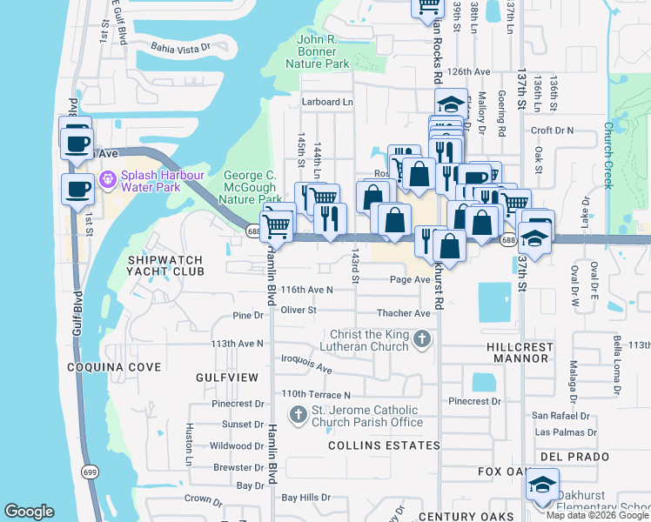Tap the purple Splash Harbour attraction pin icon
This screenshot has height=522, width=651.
point(108,179)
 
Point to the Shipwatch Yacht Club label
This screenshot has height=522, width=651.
point(165,265)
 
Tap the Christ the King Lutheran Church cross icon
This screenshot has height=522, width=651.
point(421,338)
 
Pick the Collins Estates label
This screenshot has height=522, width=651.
point(384,445)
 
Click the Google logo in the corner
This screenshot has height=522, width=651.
point(30,512)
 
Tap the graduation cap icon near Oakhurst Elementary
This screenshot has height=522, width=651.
point(542,484)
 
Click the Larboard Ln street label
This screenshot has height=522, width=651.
point(327,102)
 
